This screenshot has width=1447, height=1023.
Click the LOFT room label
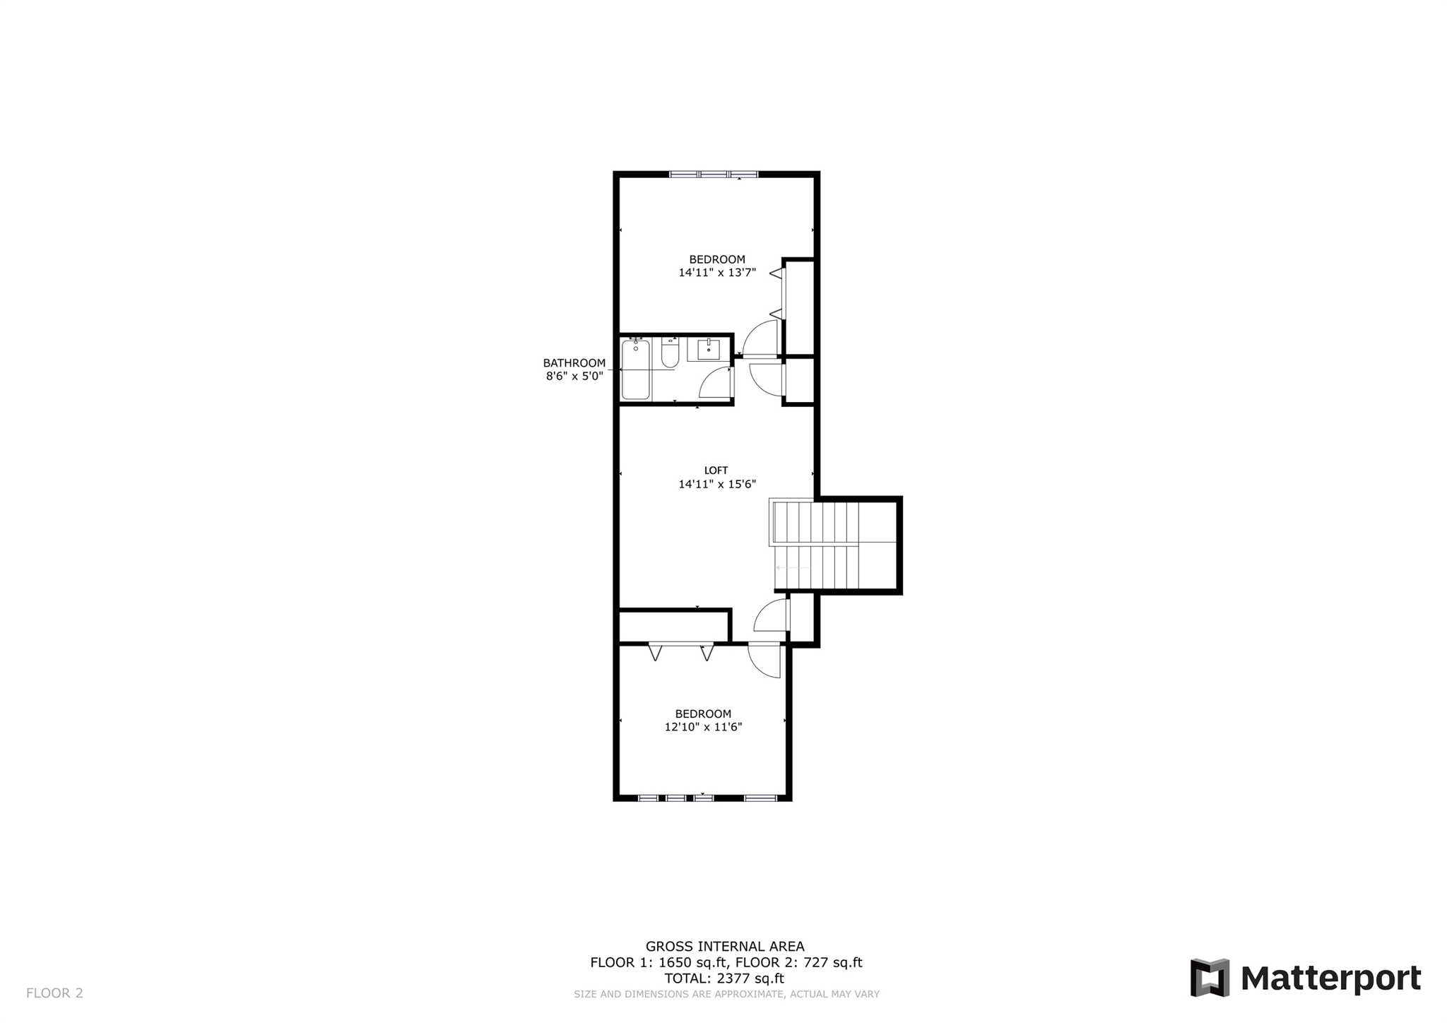[x=716, y=471]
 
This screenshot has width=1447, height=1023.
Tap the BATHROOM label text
[x=574, y=363]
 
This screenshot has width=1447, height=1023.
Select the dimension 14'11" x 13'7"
[x=717, y=273]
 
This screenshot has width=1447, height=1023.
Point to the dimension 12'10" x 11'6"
[x=703, y=727]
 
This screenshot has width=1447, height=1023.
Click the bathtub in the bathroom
[x=635, y=369]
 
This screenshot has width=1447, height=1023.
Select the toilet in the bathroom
[x=670, y=353]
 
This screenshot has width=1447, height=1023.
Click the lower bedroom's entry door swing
[x=765, y=660]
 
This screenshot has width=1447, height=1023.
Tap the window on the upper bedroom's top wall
[x=714, y=174]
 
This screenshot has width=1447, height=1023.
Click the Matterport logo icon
[x=1210, y=977]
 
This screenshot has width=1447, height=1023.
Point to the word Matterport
[x=1330, y=978]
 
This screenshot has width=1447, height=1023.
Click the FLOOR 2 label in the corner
[x=54, y=993]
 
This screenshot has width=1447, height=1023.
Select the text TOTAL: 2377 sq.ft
[x=724, y=978]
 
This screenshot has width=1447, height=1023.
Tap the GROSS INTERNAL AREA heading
[x=725, y=947]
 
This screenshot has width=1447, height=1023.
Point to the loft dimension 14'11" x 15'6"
[x=717, y=485]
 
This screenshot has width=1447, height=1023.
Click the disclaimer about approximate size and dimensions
[x=726, y=994]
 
